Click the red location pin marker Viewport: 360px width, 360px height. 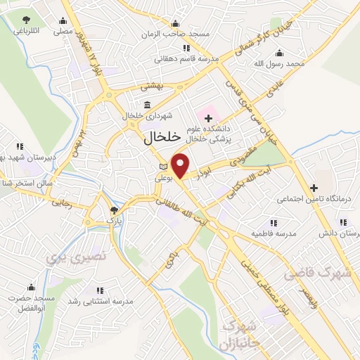point(181,165)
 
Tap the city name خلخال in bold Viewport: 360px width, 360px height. point(162,138)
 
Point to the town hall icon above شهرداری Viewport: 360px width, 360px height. point(147,105)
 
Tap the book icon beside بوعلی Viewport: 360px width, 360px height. point(164,166)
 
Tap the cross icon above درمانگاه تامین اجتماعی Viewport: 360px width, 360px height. point(314,188)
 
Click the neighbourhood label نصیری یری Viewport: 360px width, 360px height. point(76,257)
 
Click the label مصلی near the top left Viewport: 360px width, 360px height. point(63,32)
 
